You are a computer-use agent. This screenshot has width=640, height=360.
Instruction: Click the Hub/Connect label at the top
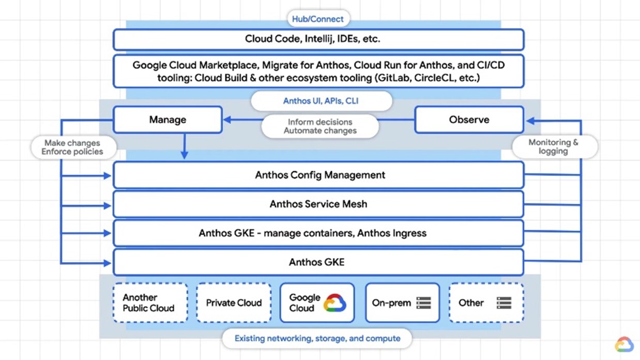coord(317,19)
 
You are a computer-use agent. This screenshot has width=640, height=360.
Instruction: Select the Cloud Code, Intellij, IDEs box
coord(318,39)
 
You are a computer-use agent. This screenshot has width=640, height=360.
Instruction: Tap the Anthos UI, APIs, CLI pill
coord(321,101)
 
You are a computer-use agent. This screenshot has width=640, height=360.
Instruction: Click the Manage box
coord(167,119)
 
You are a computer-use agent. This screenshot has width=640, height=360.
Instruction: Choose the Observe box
coord(469,119)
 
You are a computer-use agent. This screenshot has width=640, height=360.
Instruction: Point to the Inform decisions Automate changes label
coord(320,127)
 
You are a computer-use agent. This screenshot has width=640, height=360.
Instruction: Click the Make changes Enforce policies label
coord(72,147)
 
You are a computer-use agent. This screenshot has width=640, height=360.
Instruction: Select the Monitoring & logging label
coord(554,147)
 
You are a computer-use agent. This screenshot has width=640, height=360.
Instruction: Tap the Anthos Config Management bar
coord(318,175)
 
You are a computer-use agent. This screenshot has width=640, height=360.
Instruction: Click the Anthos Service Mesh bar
coord(318,204)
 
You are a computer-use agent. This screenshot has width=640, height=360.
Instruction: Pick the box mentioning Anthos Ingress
coord(318,233)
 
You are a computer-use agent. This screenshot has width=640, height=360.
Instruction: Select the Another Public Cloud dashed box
coord(150,303)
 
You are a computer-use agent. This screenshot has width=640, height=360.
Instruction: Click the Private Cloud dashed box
coord(234,303)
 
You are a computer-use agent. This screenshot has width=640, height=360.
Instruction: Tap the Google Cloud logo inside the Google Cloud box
coord(334,303)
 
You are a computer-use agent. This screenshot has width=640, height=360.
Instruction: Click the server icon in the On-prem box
coord(423,303)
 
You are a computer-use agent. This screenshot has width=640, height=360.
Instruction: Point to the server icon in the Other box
coord(504,303)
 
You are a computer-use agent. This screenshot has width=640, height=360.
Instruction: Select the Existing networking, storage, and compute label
coord(317,338)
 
